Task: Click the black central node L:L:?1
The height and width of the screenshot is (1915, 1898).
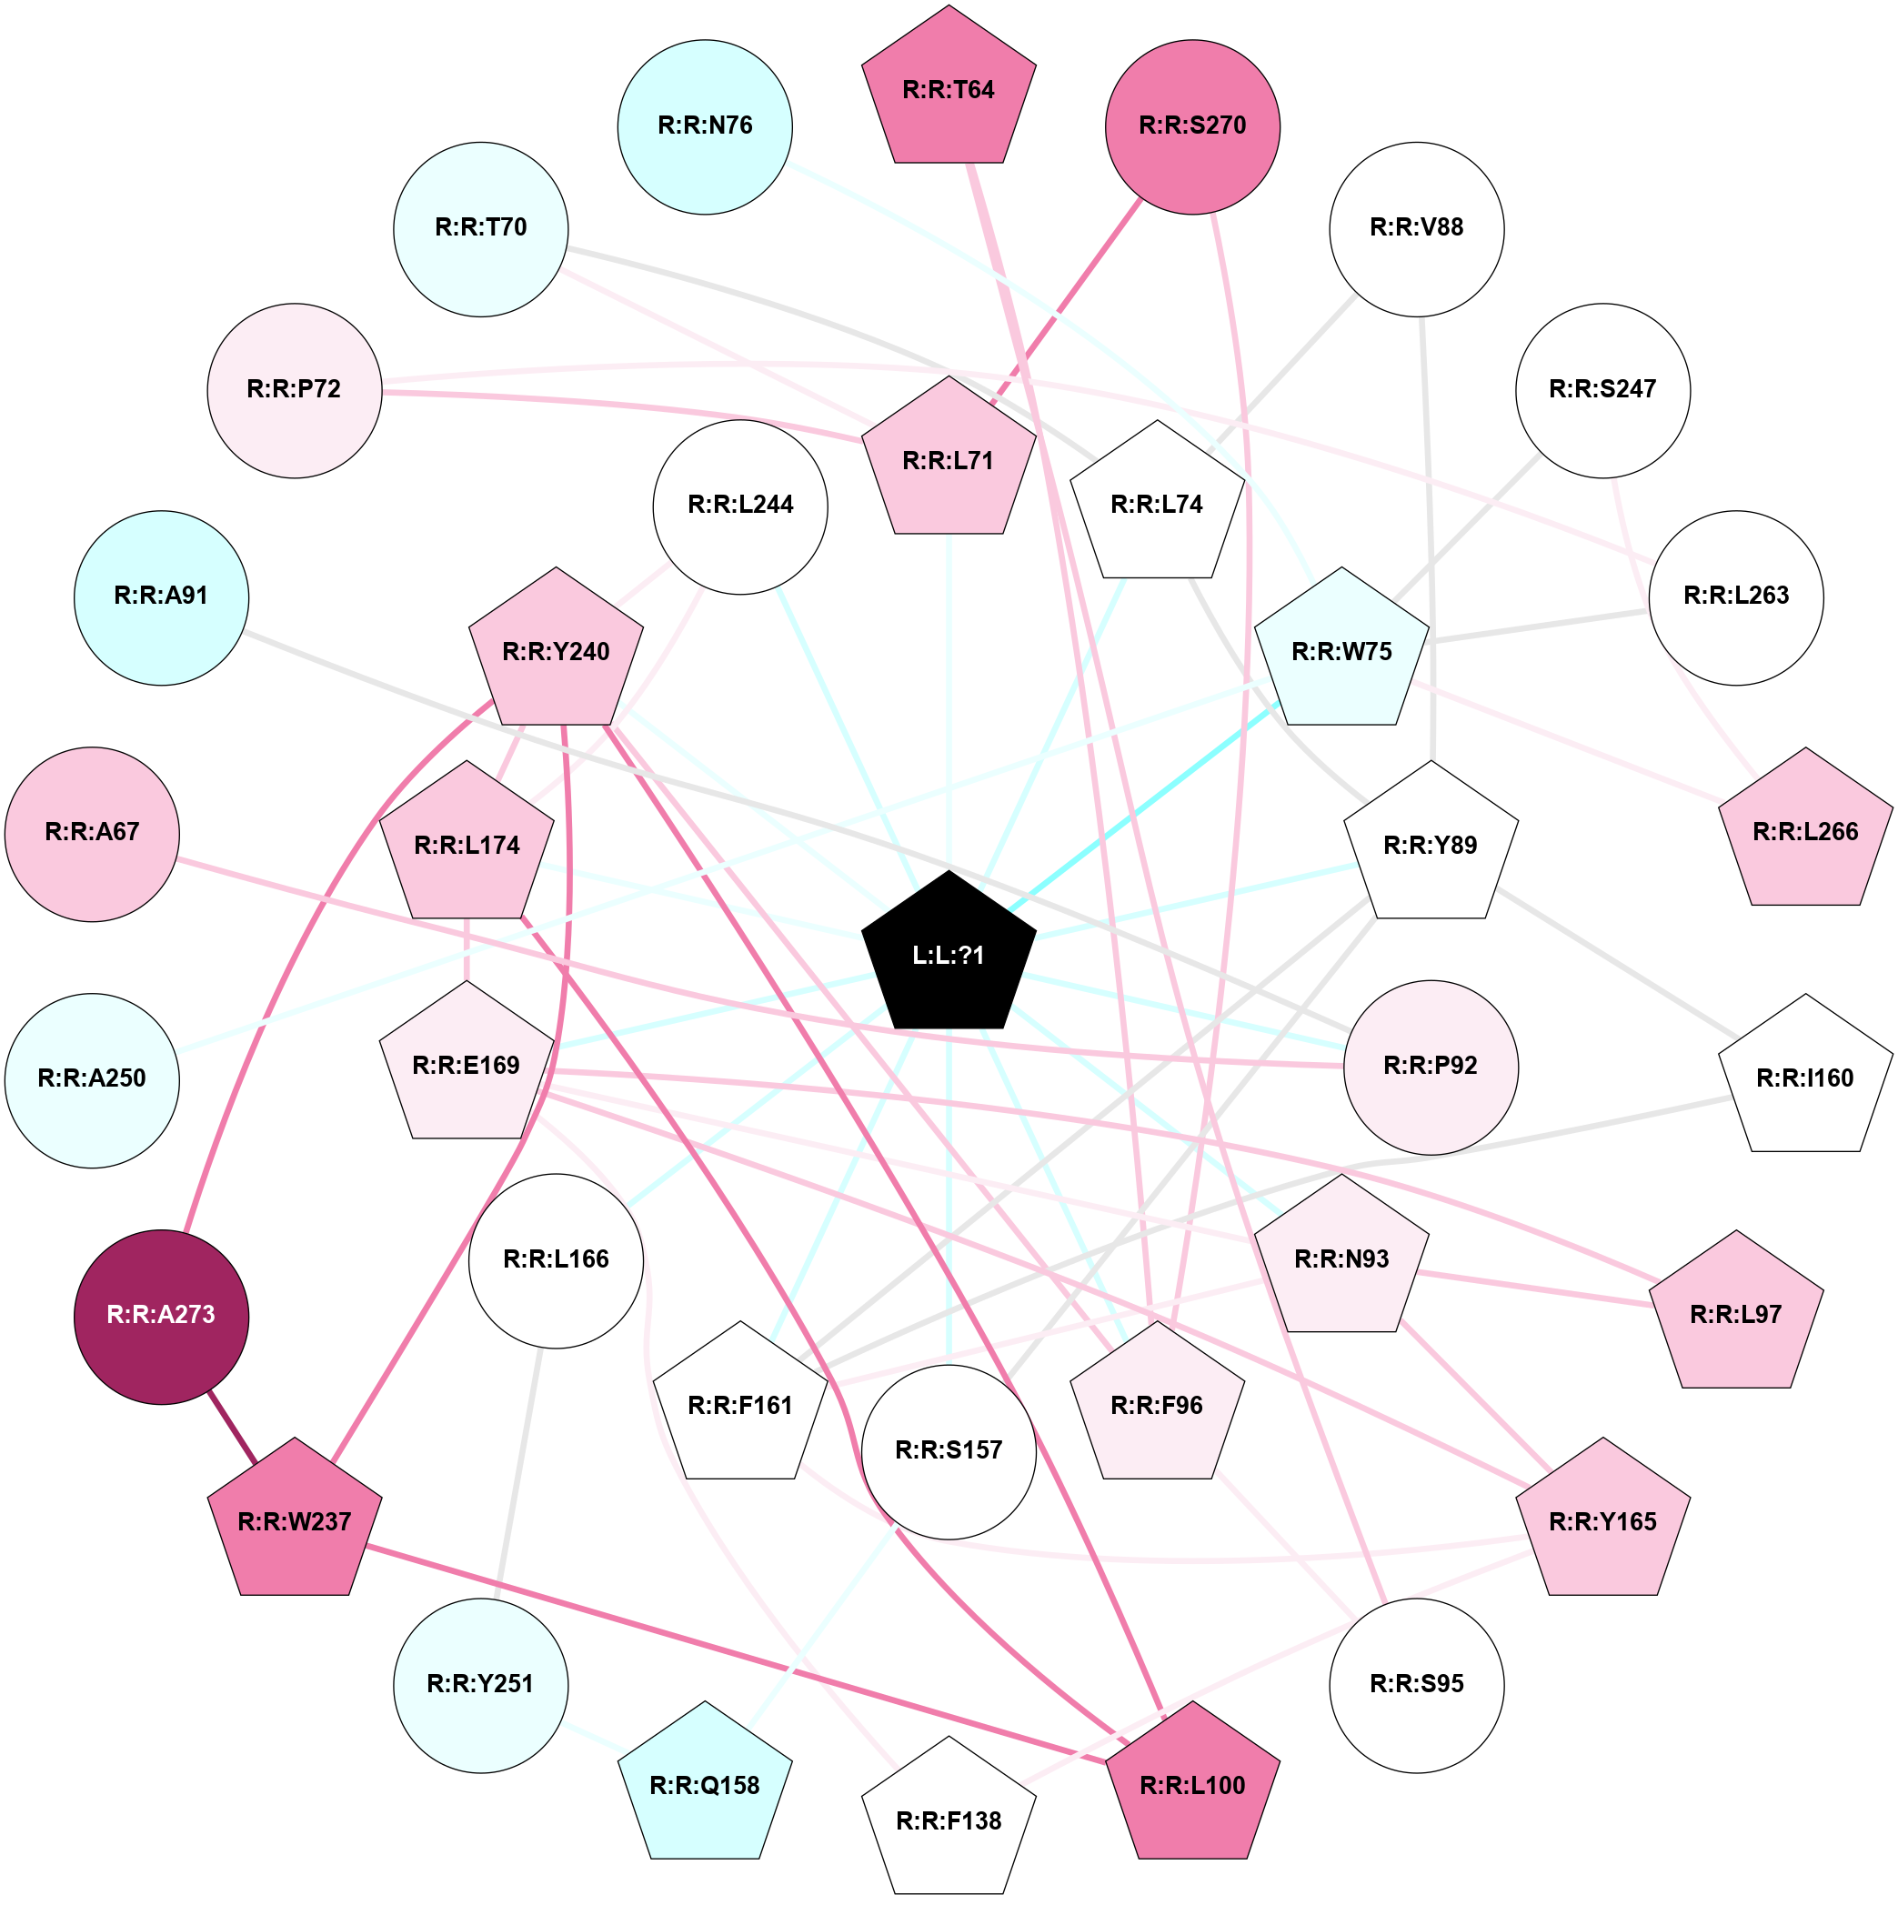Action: click(x=949, y=954)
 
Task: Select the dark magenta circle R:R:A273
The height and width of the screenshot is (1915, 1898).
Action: click(x=162, y=1318)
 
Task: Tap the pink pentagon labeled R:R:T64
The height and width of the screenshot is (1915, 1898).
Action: click(x=949, y=89)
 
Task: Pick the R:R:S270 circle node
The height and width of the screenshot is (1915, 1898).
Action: click(x=1192, y=127)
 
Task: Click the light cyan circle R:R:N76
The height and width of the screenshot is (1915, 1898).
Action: click(x=705, y=127)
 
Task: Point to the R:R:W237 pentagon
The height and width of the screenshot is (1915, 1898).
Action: click(x=295, y=1520)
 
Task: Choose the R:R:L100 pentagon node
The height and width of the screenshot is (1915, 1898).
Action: click(x=1192, y=1784)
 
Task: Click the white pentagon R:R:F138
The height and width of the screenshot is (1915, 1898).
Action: click(x=949, y=1820)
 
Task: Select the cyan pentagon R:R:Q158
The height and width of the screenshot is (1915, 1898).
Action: click(x=705, y=1784)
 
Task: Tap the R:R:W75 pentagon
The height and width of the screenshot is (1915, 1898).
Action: click(x=1341, y=650)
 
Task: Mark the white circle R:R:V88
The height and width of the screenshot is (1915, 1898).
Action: click(x=1416, y=229)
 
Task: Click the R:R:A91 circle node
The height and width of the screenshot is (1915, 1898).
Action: click(x=162, y=597)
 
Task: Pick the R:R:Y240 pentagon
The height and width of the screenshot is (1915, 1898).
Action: click(x=556, y=650)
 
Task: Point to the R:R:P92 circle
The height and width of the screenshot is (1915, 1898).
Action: click(x=1431, y=1068)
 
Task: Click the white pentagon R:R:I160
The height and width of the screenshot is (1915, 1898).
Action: click(x=1805, y=1077)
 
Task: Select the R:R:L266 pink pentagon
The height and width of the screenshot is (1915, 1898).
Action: click(x=1805, y=830)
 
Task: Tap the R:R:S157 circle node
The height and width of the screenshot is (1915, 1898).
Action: click(x=949, y=1452)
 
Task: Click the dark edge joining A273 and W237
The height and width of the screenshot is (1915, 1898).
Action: click(x=233, y=1427)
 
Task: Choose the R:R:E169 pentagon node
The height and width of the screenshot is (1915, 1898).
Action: click(x=467, y=1065)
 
